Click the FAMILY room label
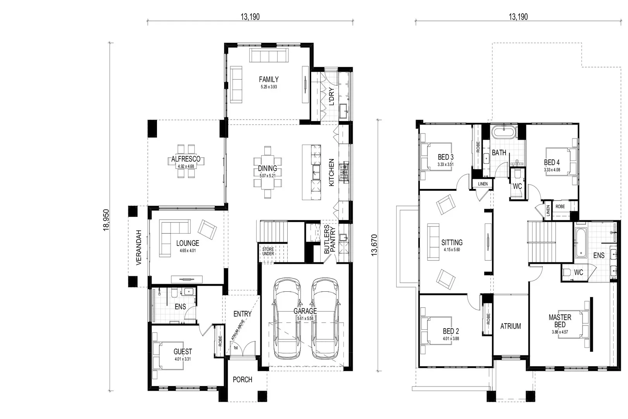[269, 79]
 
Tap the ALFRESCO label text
[186, 159]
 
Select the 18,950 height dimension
[106, 220]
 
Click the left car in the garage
[287, 318]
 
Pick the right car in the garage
[325, 318]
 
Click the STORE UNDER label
[268, 251]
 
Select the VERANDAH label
[139, 248]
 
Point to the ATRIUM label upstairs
[511, 326]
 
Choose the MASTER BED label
[560, 321]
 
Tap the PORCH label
[242, 379]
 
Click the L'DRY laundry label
[331, 97]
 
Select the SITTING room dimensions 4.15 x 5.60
[452, 250]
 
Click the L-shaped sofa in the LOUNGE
[171, 237]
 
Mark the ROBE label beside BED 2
[488, 319]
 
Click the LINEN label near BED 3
[483, 184]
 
